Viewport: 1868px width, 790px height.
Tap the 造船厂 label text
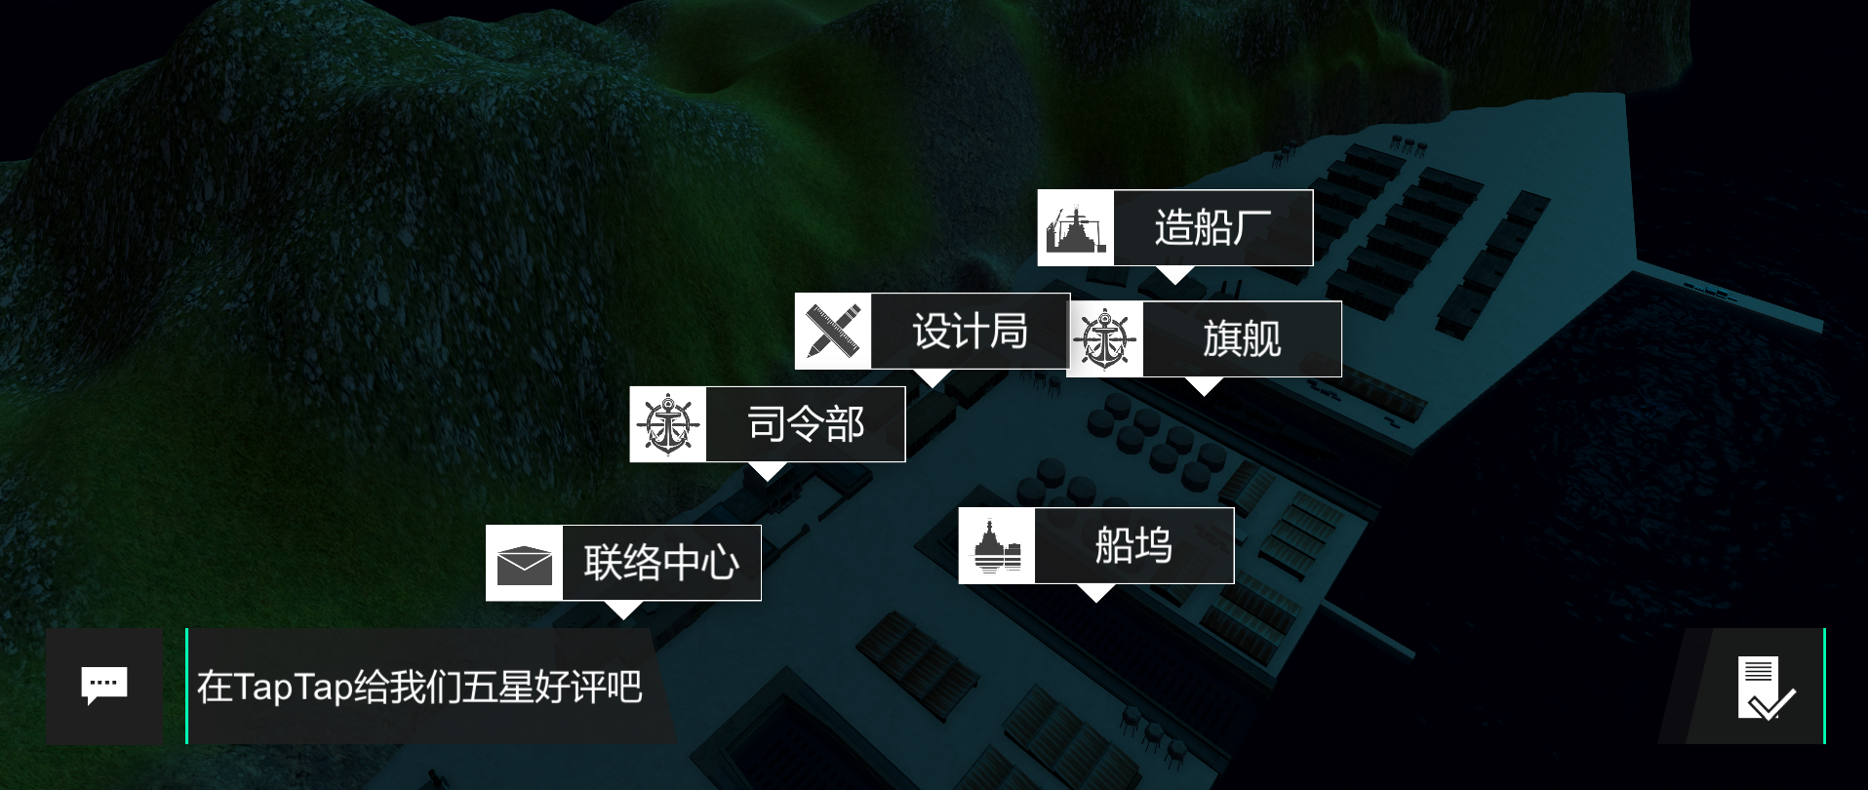tap(1212, 228)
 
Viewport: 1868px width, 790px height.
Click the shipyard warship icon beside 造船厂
tap(1075, 228)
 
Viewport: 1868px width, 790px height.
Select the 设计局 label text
tap(970, 332)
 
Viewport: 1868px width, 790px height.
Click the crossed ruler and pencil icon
tap(833, 332)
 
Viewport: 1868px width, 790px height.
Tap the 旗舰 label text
tap(1242, 339)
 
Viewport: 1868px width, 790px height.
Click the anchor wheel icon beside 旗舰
tap(1104, 339)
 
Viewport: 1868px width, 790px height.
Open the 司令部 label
tap(806, 424)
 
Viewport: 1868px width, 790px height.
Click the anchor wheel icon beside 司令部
tap(667, 424)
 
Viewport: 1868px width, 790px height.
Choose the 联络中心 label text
tap(661, 563)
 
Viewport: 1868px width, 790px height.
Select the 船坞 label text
tap(1133, 545)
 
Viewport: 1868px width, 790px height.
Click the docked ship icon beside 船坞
tap(997, 546)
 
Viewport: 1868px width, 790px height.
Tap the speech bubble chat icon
tap(104, 686)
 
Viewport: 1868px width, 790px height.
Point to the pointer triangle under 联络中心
tap(623, 610)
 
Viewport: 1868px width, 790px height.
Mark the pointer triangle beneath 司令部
tap(768, 471)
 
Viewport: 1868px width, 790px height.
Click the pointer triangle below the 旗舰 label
tap(1205, 386)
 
